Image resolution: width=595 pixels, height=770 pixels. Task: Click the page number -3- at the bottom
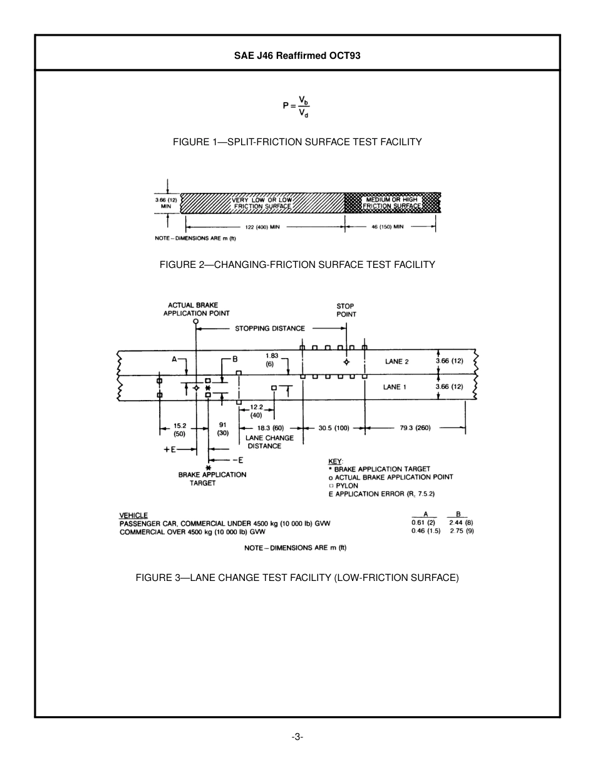tap(297, 737)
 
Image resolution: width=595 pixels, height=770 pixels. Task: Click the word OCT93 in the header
tap(344, 55)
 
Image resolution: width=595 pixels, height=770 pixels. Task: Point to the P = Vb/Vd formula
tap(296, 106)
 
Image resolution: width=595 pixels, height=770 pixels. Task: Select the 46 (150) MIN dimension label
tap(387, 227)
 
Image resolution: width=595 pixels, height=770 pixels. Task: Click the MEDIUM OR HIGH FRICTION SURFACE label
tap(392, 203)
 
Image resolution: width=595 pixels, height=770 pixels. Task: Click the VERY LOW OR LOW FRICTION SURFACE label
tap(262, 203)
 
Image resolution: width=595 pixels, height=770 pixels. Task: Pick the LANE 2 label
tap(396, 362)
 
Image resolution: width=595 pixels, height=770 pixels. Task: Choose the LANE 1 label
tap(395, 387)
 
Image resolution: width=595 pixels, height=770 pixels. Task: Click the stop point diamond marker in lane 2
tap(346, 362)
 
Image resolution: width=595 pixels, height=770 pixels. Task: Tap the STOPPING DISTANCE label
tap(270, 328)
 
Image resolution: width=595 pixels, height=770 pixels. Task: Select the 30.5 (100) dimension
tap(334, 428)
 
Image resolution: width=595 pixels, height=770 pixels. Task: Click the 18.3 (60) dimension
tap(271, 428)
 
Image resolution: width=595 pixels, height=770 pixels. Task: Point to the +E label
tap(169, 449)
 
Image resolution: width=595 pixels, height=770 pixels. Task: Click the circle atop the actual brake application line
tap(196, 321)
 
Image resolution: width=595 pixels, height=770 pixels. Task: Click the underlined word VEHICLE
tap(133, 515)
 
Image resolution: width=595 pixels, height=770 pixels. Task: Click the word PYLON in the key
tap(347, 485)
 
